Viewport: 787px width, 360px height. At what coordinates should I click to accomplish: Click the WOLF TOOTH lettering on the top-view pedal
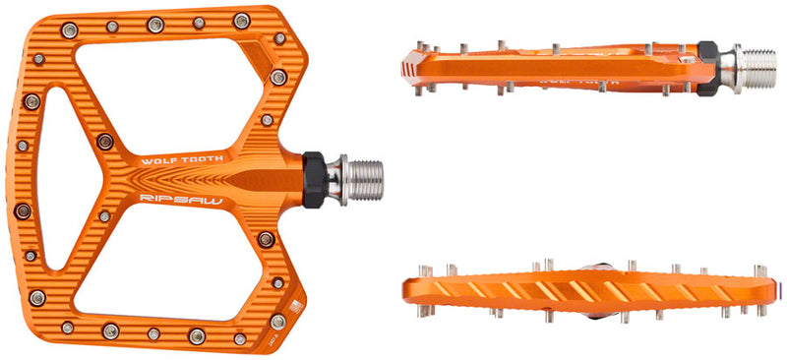183,158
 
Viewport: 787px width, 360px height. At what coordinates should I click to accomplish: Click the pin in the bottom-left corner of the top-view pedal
67,328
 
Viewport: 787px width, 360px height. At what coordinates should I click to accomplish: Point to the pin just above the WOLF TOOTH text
105,142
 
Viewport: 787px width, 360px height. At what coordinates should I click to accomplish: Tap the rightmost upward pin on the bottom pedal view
759,269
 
